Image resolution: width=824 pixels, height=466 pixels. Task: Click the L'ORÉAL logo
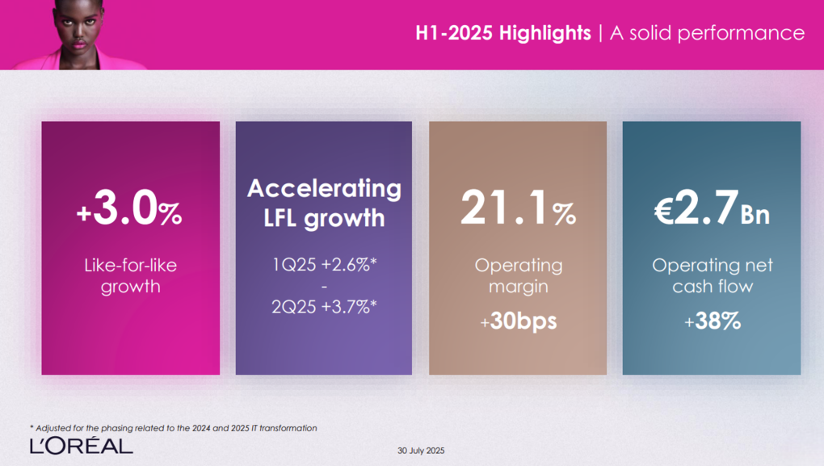[x=82, y=446]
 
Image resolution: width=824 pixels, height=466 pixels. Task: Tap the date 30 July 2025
[x=421, y=451]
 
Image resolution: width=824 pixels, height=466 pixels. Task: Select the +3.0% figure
[x=129, y=208]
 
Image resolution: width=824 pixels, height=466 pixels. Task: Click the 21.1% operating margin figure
[x=518, y=208]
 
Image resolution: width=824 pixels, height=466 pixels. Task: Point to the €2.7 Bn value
[x=712, y=208]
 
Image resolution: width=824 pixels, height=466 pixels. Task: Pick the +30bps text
[x=518, y=321]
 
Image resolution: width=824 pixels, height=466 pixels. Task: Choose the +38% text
[x=712, y=321]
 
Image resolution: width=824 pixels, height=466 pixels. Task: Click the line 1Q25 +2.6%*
[x=324, y=264]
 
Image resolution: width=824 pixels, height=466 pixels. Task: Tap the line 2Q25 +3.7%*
[x=324, y=306]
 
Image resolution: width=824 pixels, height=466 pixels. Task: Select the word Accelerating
[x=324, y=189]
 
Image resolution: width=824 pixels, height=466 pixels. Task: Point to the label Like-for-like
[x=130, y=266]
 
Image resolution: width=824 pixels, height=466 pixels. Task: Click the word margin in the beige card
[x=518, y=288]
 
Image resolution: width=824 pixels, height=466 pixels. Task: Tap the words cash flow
[x=713, y=287]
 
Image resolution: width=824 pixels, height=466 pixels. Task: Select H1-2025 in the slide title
[x=454, y=33]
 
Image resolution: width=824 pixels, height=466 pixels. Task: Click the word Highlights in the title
[x=545, y=33]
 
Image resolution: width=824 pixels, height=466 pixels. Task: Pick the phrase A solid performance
[x=707, y=33]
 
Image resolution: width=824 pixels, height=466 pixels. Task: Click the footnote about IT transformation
[x=174, y=428]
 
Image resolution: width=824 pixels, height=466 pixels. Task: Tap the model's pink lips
[x=79, y=44]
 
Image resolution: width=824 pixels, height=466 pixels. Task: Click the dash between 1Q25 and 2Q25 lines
[x=324, y=287]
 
